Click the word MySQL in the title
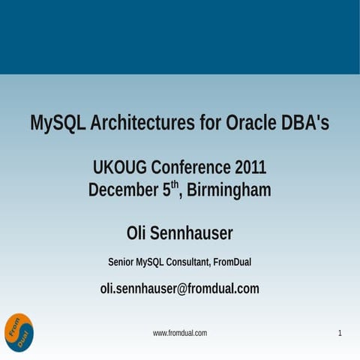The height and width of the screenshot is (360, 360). pos(57,123)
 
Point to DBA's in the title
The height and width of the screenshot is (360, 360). pos(305,123)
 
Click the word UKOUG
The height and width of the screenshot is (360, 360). pos(120,166)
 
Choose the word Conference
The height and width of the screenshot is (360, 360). pos(192,166)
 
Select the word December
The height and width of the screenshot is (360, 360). pos(123,190)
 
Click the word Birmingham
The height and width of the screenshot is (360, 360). pos(229,190)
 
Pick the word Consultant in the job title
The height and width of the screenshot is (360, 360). pos(186,262)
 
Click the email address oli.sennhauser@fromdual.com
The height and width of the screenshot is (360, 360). pos(180,288)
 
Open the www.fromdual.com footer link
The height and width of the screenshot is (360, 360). pos(180,332)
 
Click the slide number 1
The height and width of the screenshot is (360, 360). pos(340,332)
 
